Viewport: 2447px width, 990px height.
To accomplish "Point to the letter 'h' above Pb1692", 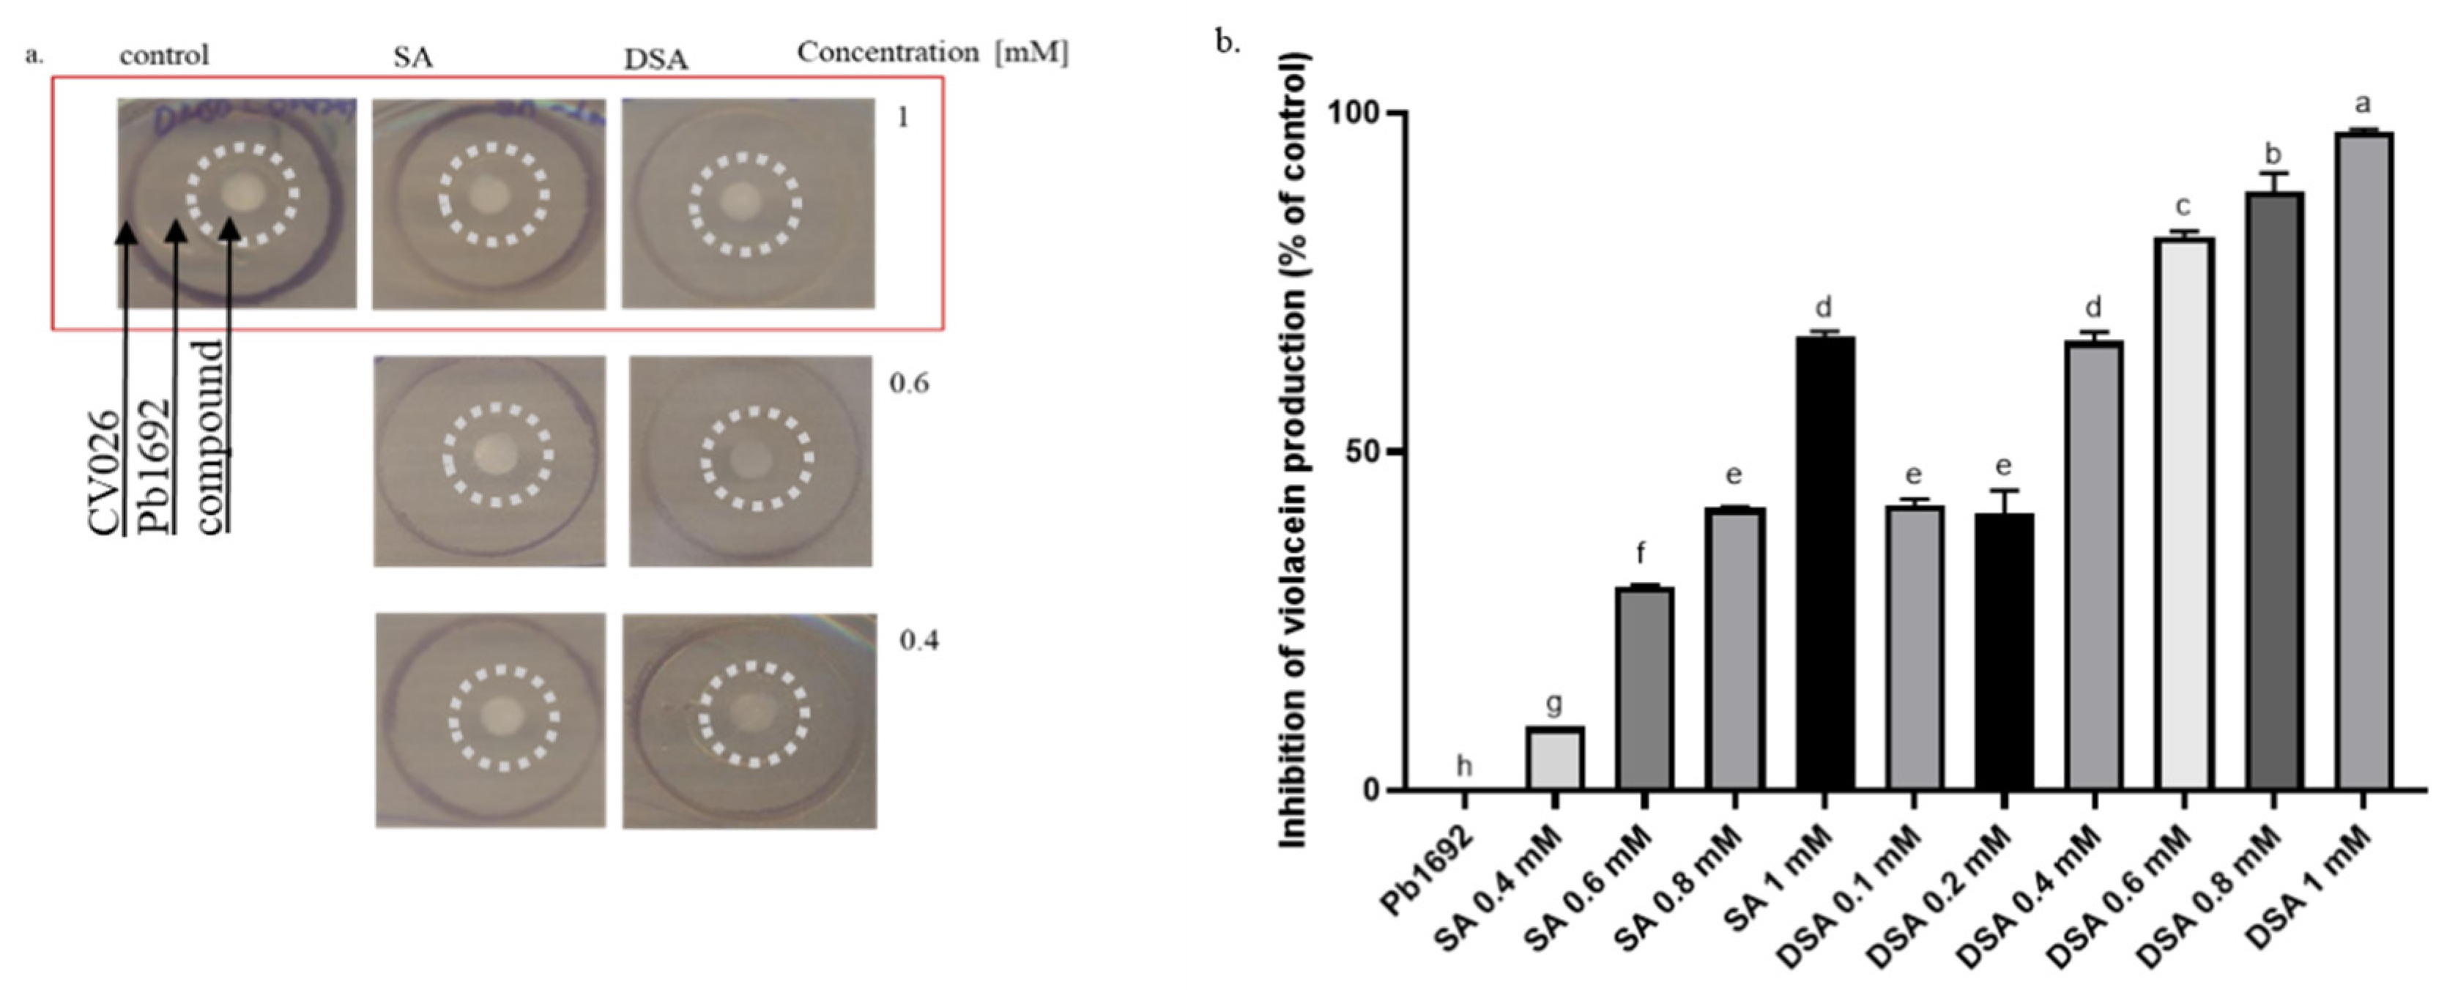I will click(x=1464, y=766).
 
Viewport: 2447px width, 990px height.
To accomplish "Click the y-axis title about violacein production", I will click(x=1293, y=451).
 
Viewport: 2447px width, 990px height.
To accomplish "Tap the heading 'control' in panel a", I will click(x=163, y=55).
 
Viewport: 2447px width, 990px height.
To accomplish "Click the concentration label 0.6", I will click(x=908, y=384).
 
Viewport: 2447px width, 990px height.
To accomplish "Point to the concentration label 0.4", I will click(x=918, y=641).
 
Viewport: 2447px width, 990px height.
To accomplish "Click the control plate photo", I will click(x=237, y=202).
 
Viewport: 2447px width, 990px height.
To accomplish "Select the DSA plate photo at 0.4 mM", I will click(x=749, y=721).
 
